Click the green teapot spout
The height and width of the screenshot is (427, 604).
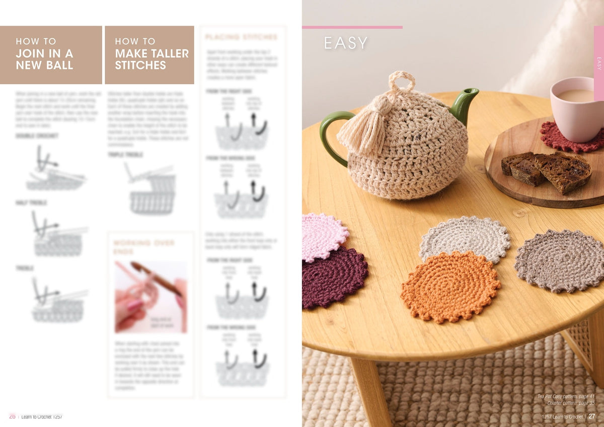464,103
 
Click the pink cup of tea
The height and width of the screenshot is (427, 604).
577,108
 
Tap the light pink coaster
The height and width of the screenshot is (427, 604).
323,236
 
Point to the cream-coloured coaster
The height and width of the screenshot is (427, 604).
465,239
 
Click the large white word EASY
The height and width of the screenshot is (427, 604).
346,43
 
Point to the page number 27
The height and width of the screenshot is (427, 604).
592,416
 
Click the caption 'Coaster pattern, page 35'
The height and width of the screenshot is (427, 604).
571,403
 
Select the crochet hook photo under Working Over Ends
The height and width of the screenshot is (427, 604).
150,297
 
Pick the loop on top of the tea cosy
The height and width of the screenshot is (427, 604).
402,81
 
